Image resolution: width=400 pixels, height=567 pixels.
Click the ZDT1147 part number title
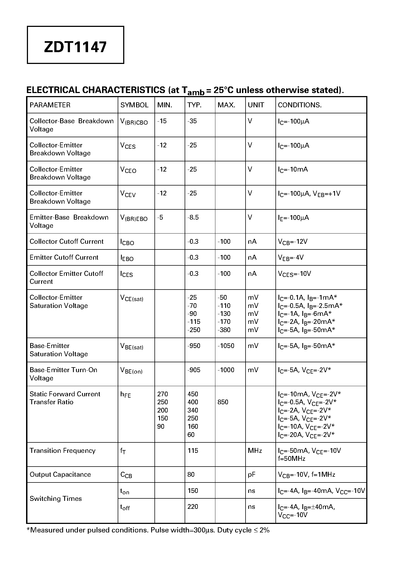[75, 47]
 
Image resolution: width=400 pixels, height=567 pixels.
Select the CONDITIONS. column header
[300, 105]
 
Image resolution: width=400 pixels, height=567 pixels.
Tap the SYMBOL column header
[134, 105]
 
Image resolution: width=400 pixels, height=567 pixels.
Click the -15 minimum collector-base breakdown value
[162, 121]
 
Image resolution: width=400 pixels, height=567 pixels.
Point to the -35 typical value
[192, 121]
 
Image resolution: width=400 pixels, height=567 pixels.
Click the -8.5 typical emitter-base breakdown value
[193, 218]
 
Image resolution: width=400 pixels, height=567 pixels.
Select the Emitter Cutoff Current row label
[64, 257]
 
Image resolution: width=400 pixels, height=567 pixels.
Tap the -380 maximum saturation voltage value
[224, 330]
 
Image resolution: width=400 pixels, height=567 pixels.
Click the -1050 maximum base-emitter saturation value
[226, 346]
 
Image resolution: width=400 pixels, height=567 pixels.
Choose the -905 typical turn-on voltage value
[194, 370]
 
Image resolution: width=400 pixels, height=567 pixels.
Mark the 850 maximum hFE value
[223, 402]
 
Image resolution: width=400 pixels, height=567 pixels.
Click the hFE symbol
[125, 395]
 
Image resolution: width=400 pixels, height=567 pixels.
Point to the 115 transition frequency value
[193, 451]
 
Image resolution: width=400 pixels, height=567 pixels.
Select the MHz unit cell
[255, 451]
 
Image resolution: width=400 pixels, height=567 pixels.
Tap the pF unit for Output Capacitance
[251, 475]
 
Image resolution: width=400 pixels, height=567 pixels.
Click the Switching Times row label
[55, 499]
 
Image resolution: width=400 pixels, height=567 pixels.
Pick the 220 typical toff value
[193, 507]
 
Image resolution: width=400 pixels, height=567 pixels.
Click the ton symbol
[125, 491]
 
